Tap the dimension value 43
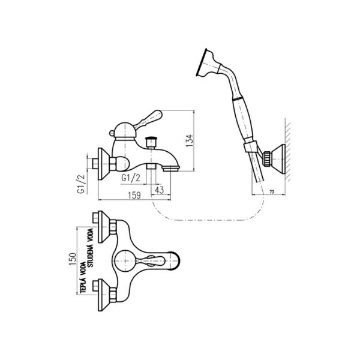click(159, 190)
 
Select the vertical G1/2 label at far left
click(79, 184)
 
